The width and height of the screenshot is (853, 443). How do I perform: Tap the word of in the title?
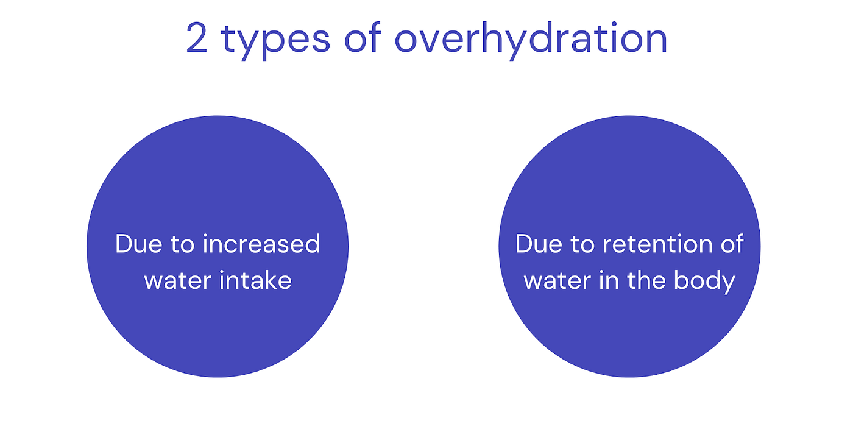pyautogui.click(x=363, y=37)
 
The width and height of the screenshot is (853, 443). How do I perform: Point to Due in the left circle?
pyautogui.click(x=139, y=244)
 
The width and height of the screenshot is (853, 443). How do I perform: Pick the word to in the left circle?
pyautogui.click(x=183, y=244)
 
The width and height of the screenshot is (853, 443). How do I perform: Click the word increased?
pyautogui.click(x=261, y=243)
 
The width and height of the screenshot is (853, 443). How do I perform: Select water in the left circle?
pyautogui.click(x=177, y=281)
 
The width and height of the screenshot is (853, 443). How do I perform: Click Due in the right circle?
pyautogui.click(x=539, y=244)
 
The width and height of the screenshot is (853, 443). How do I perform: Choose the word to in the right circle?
pyautogui.click(x=582, y=244)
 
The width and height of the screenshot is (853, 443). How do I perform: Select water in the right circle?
pyautogui.click(x=557, y=281)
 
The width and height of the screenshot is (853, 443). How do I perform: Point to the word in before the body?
pyautogui.click(x=609, y=280)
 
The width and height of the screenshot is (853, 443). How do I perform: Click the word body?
pyautogui.click(x=705, y=282)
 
